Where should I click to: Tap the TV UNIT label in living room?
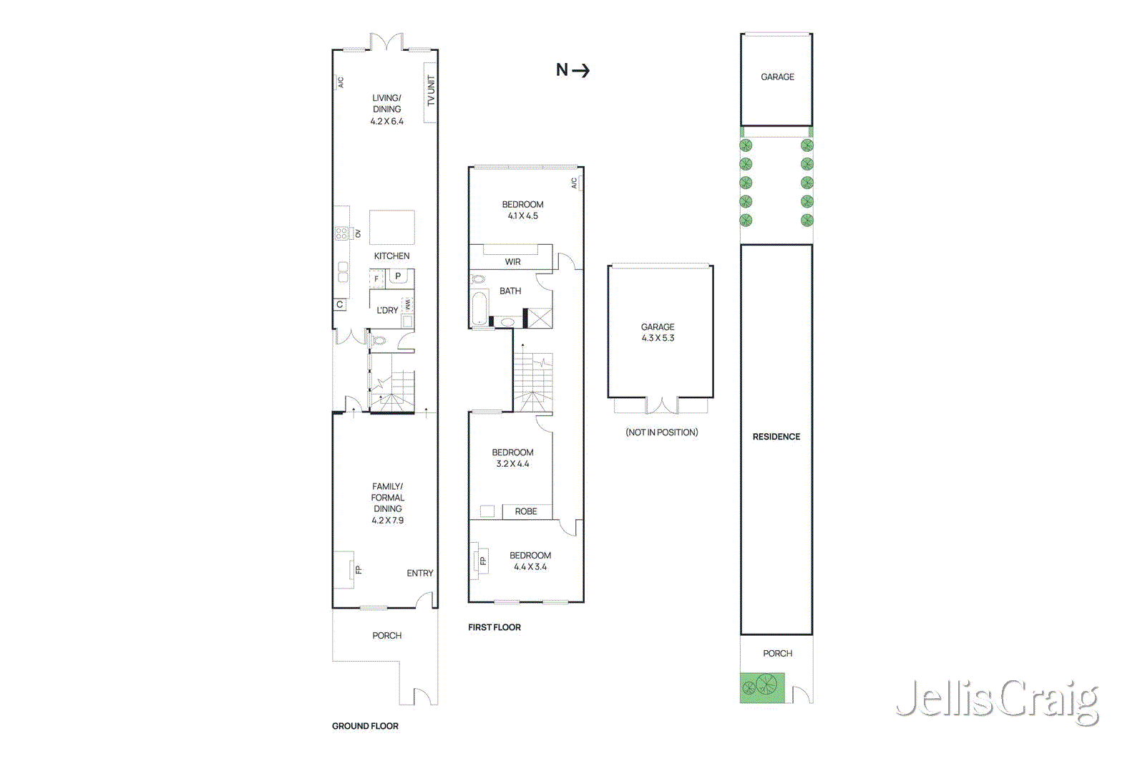(x=431, y=91)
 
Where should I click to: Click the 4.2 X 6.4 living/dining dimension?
(x=386, y=122)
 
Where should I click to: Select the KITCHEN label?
(x=391, y=256)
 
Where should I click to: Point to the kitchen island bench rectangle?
(x=391, y=228)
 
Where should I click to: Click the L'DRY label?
(x=387, y=310)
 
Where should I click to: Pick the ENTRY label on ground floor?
(x=419, y=573)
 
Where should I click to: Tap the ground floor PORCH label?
(x=386, y=635)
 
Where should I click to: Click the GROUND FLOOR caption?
(x=365, y=726)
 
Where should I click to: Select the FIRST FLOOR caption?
(x=494, y=627)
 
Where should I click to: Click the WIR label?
(x=512, y=262)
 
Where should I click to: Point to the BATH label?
(x=510, y=291)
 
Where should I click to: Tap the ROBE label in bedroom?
(x=525, y=511)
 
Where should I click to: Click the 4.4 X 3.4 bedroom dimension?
(x=530, y=567)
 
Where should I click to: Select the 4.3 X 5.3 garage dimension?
(x=658, y=338)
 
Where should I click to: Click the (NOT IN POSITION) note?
(x=661, y=432)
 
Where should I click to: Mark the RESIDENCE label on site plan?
(x=776, y=437)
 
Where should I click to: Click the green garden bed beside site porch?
(x=762, y=687)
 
